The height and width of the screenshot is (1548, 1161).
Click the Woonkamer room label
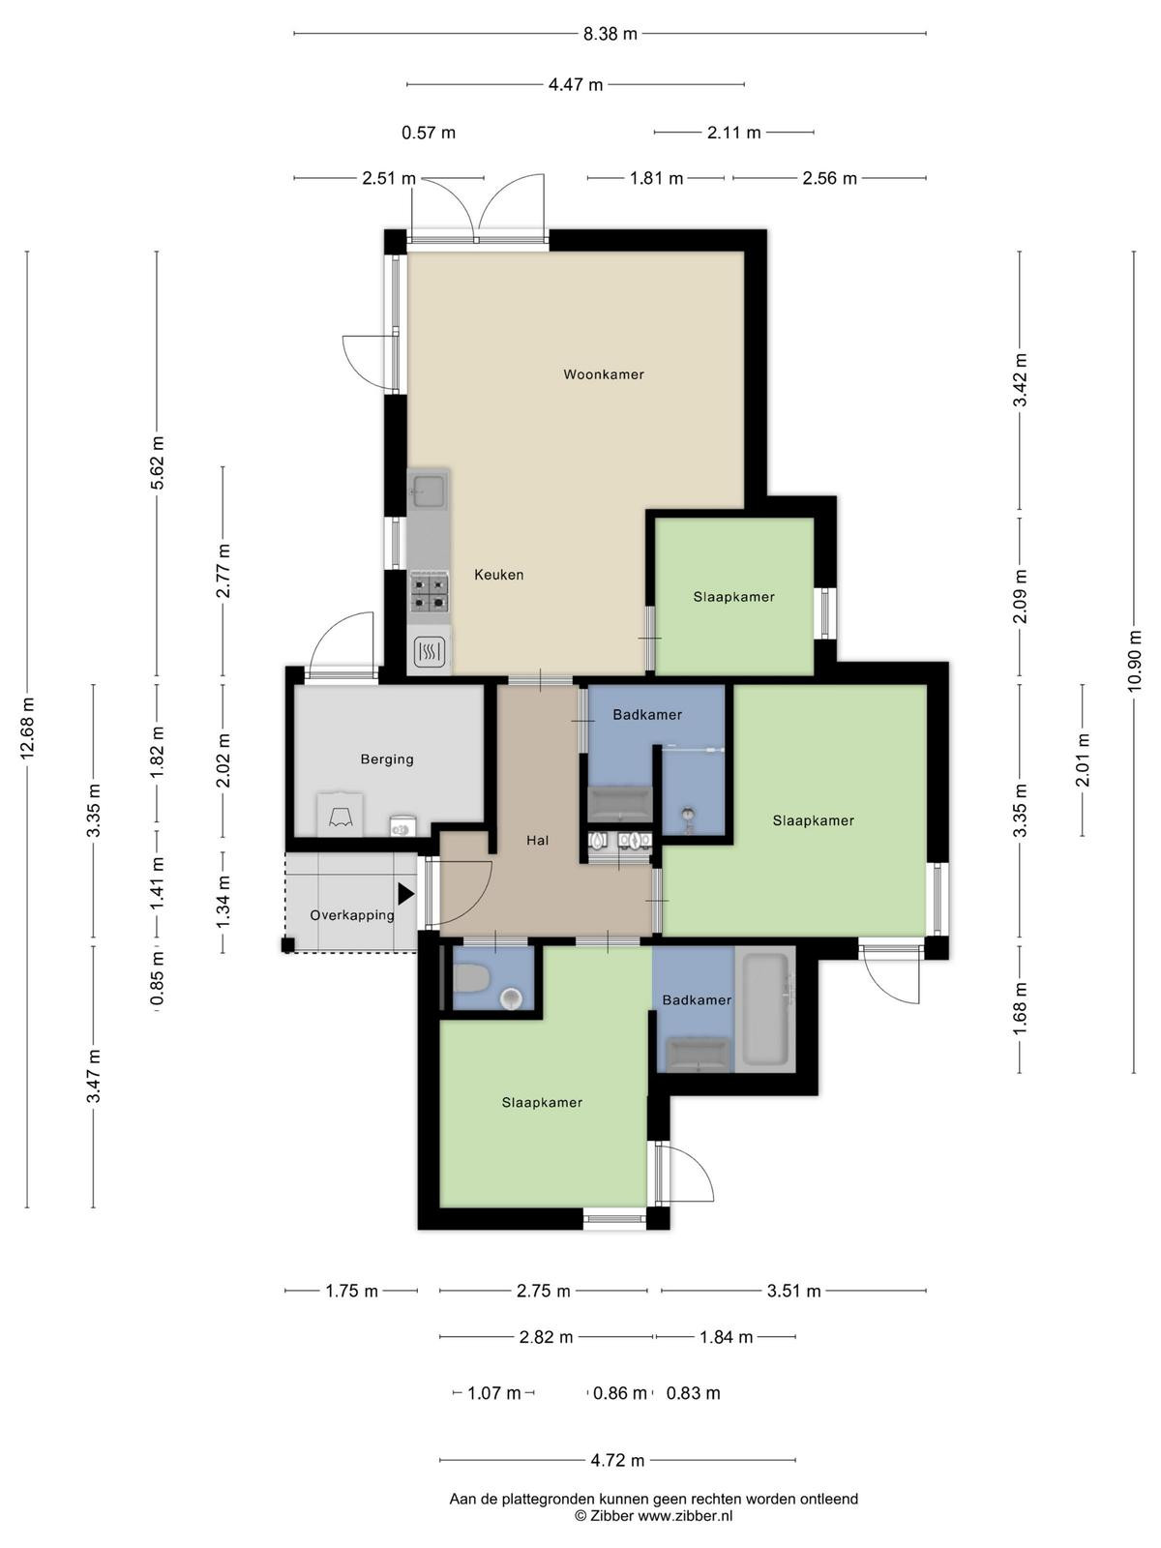pos(604,374)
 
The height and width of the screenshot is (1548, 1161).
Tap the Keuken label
pos(499,575)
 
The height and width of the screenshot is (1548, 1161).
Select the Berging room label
pos(387,759)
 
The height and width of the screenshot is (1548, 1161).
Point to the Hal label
pos(537,840)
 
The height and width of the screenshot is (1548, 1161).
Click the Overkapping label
pos(352,915)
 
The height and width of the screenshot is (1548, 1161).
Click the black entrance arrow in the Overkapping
pos(405,894)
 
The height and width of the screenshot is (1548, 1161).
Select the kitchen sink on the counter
pos(429,491)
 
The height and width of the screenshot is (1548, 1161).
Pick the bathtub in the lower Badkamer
pos(765,1009)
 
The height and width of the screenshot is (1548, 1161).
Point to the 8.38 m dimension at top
pos(610,33)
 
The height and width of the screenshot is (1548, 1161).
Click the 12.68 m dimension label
pos(27,729)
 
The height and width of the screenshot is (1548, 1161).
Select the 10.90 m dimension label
pos(1134,661)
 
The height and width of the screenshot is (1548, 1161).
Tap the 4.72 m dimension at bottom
pos(617,1460)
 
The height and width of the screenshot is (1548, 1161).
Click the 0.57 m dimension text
pos(429,133)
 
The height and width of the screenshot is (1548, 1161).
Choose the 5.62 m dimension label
pos(157,462)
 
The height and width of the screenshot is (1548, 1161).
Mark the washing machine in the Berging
pos(403,825)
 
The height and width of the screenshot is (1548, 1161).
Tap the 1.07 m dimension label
pos(494,1393)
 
